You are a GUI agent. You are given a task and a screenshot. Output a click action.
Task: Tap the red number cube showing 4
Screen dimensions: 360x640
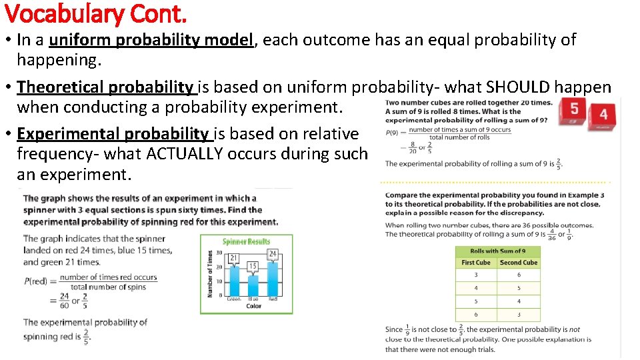click(602, 115)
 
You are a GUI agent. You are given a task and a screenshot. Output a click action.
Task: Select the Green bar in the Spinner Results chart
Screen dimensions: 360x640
click(233, 280)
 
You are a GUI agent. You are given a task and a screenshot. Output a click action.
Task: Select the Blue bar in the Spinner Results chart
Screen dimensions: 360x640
click(253, 285)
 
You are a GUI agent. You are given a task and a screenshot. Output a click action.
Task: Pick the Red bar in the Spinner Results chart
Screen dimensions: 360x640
click(272, 278)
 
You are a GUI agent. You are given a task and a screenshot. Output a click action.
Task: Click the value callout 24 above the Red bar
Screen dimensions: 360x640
click(272, 254)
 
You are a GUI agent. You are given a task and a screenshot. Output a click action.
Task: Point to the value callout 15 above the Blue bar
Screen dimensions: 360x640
click(253, 266)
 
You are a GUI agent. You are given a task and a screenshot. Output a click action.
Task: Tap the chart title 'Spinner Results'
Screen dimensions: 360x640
click(246, 241)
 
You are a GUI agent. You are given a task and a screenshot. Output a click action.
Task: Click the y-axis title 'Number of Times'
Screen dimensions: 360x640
click(211, 274)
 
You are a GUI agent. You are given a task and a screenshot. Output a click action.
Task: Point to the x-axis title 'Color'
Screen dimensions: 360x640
click(253, 306)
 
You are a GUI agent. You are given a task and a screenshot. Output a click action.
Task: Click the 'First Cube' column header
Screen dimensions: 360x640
click(476, 263)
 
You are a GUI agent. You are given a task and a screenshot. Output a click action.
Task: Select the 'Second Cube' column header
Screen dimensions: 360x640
click(519, 263)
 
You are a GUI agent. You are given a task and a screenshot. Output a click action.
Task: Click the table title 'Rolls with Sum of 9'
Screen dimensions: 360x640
click(497, 251)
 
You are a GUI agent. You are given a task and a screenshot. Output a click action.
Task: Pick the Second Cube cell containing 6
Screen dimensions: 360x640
click(519, 275)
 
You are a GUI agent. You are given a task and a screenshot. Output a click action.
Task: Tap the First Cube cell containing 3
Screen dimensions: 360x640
click(476, 275)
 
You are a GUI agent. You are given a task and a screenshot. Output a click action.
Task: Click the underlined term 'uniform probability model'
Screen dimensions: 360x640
click(151, 40)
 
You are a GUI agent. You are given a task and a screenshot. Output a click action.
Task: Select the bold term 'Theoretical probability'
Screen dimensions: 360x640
click(105, 87)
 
